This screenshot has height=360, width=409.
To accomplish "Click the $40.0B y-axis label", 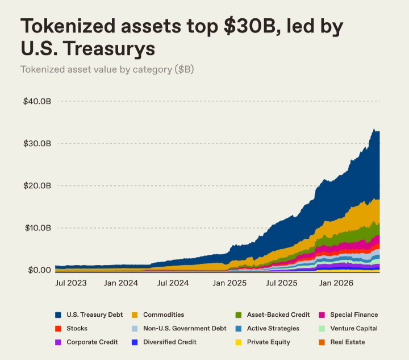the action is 37,101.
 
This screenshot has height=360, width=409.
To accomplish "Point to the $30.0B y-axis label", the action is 37,143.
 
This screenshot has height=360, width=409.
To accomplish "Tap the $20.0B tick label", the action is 37,186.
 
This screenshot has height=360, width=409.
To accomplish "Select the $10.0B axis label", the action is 38,228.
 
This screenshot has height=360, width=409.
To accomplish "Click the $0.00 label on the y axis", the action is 39,270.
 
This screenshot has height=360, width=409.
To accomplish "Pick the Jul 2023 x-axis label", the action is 71,283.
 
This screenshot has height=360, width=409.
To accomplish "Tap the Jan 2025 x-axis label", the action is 229,283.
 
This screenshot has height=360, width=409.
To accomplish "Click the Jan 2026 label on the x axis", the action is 336,283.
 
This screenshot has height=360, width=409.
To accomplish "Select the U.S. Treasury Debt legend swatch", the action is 58,315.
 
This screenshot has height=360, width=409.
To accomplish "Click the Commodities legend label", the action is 164,315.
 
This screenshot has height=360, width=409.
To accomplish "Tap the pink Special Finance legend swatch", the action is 322,315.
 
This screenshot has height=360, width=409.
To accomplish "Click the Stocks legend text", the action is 77,328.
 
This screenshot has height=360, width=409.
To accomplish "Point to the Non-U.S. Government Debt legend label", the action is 185,328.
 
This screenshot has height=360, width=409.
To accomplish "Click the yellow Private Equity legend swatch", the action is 239,342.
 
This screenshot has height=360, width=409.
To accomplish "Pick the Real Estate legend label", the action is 348,342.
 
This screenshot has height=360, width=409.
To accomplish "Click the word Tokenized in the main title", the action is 68,26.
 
